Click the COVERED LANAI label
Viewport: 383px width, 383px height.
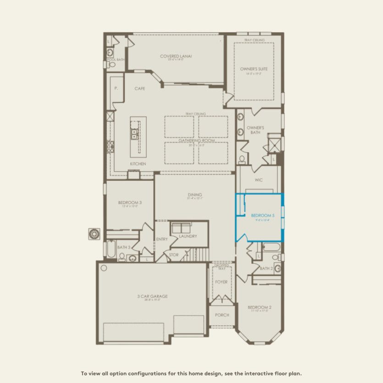point(176,56)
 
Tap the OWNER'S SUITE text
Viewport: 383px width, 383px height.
point(254,69)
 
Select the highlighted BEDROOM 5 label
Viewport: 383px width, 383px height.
point(263,215)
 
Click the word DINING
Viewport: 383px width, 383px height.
point(194,195)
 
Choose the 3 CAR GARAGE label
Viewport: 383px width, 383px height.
point(153,296)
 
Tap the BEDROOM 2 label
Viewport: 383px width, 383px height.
point(260,307)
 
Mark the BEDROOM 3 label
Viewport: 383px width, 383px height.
point(130,203)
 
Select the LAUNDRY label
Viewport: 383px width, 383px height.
point(188,236)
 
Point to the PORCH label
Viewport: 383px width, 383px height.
point(222,315)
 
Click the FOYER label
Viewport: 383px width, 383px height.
point(222,282)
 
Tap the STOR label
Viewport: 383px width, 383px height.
point(174,255)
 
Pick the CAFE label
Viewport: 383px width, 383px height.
point(140,89)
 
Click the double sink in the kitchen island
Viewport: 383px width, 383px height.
point(135,133)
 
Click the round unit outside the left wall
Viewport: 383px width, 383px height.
point(94,233)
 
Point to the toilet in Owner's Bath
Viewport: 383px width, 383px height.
point(242,159)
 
